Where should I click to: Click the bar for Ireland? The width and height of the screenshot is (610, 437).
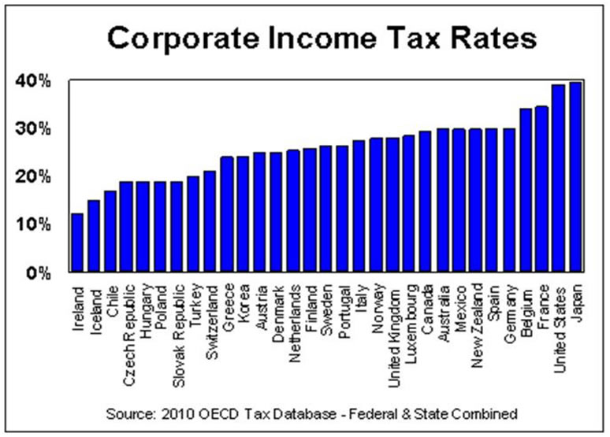76,243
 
